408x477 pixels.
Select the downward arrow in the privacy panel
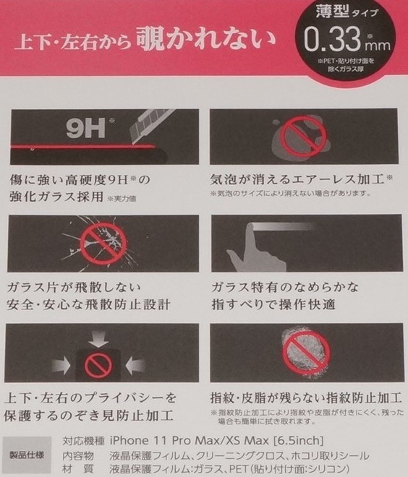point(101,338)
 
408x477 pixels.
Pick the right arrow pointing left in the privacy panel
point(138,365)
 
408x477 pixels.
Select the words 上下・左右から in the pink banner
point(71,40)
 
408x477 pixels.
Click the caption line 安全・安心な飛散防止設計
point(88,304)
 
